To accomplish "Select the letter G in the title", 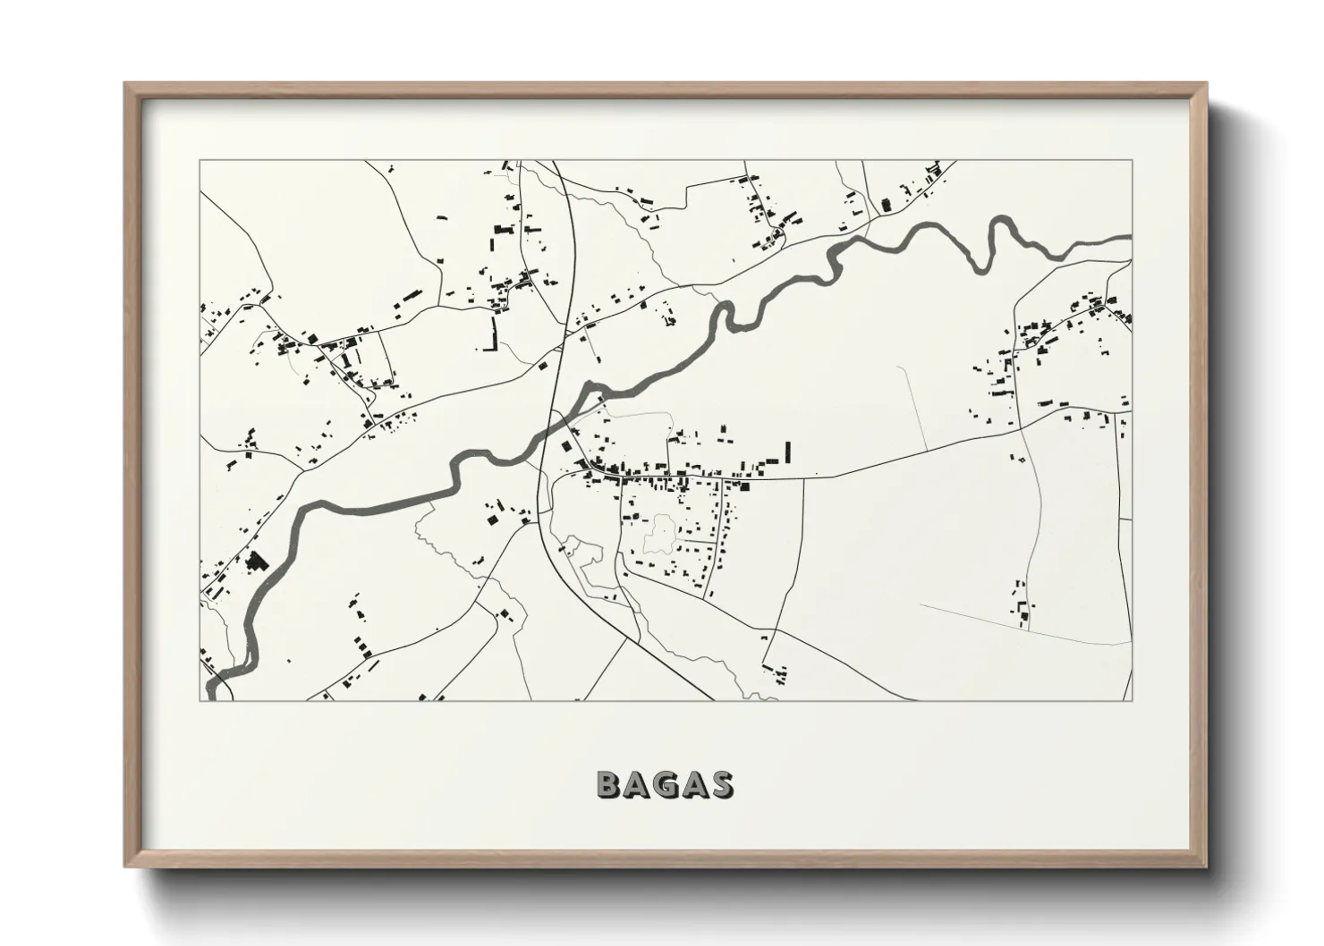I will [x=665, y=784].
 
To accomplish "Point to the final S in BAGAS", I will [x=721, y=784].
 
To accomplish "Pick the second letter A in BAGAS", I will [x=693, y=784].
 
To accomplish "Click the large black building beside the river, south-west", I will [x=257, y=562].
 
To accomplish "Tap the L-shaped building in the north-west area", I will [x=490, y=334].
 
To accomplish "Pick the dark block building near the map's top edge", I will [x=887, y=204].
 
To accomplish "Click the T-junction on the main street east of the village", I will [x=802, y=478].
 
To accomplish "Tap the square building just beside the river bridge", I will [x=564, y=446].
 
